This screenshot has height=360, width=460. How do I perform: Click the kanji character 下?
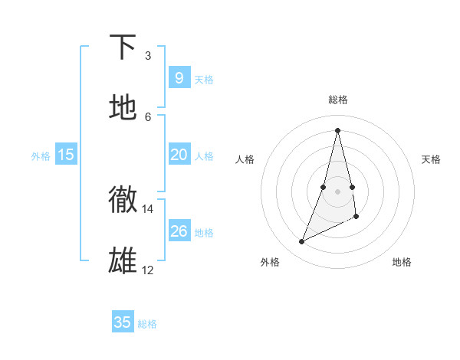[123, 48]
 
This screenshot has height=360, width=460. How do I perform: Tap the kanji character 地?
[123, 107]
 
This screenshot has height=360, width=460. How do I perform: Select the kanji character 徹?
[123, 199]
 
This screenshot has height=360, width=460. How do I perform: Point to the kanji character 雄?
[123, 260]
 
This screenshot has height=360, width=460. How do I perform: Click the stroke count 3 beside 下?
[148, 55]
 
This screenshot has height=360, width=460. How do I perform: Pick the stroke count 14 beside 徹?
[148, 208]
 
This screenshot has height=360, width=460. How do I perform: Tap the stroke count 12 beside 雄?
[148, 270]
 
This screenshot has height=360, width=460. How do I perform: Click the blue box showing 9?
[179, 78]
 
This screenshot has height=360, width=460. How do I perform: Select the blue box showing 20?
[179, 155]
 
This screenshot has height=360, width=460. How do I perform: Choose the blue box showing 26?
[179, 231]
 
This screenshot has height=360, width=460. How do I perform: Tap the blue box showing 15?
[66, 155]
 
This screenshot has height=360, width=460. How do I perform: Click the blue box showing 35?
[123, 322]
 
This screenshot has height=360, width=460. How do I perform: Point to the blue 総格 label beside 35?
[147, 324]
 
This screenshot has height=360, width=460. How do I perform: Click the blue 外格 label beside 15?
[41, 156]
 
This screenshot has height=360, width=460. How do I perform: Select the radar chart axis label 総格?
[338, 100]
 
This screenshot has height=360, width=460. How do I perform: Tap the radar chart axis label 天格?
[431, 159]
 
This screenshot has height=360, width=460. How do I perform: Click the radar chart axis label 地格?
[402, 262]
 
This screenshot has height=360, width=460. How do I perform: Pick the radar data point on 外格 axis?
[302, 242]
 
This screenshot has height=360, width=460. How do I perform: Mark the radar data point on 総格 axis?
[338, 129]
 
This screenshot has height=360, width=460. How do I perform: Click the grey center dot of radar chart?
[338, 191]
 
